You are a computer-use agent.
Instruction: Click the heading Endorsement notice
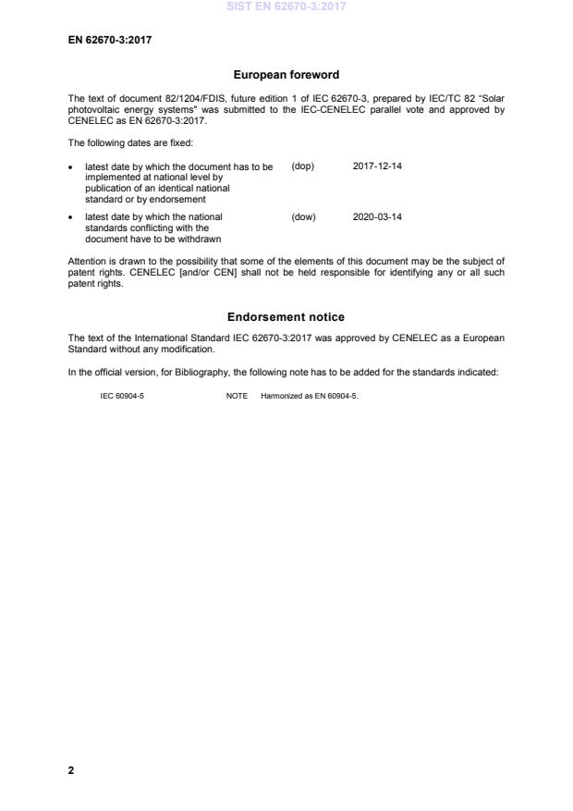click(x=286, y=316)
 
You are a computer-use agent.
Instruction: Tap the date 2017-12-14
click(x=377, y=166)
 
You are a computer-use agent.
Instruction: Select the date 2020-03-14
click(x=377, y=217)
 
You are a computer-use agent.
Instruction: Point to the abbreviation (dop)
click(x=303, y=166)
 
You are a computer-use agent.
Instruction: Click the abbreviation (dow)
click(x=303, y=217)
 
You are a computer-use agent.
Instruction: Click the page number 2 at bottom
click(x=71, y=769)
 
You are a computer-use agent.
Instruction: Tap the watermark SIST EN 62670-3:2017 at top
click(x=286, y=7)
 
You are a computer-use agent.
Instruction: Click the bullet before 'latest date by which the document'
click(x=72, y=167)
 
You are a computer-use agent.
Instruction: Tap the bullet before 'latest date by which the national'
click(x=72, y=218)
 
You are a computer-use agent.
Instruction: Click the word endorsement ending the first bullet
click(x=177, y=199)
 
